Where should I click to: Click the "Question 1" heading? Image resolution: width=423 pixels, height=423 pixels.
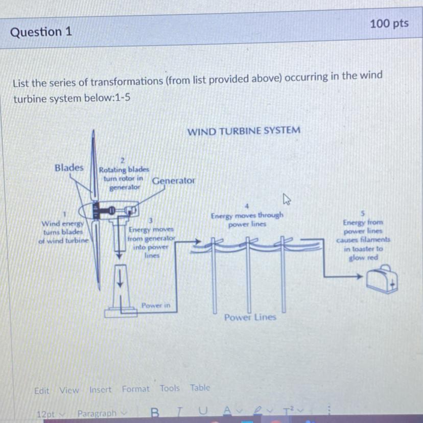[x=41, y=32]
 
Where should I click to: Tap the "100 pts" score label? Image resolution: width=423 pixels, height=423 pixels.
[x=389, y=24]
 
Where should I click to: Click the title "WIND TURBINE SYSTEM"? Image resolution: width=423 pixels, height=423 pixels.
[x=244, y=131]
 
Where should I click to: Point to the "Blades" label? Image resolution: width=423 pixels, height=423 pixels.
[x=69, y=168]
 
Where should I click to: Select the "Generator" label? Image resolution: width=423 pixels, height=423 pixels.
[x=173, y=181]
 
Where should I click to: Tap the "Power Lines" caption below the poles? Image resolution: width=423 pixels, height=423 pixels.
[x=250, y=317]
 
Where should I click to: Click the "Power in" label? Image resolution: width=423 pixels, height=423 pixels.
[x=156, y=306]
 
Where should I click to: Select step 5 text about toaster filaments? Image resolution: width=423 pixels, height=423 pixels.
[x=363, y=240]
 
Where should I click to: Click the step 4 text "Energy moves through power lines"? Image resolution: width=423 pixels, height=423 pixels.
[x=247, y=220]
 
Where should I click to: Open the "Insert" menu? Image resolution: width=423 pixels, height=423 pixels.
[x=100, y=390]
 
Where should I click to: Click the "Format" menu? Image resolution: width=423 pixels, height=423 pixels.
[x=135, y=389]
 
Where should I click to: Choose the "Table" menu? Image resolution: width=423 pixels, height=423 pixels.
[x=200, y=388]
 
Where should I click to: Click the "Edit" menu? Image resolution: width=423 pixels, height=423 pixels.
[x=41, y=391]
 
